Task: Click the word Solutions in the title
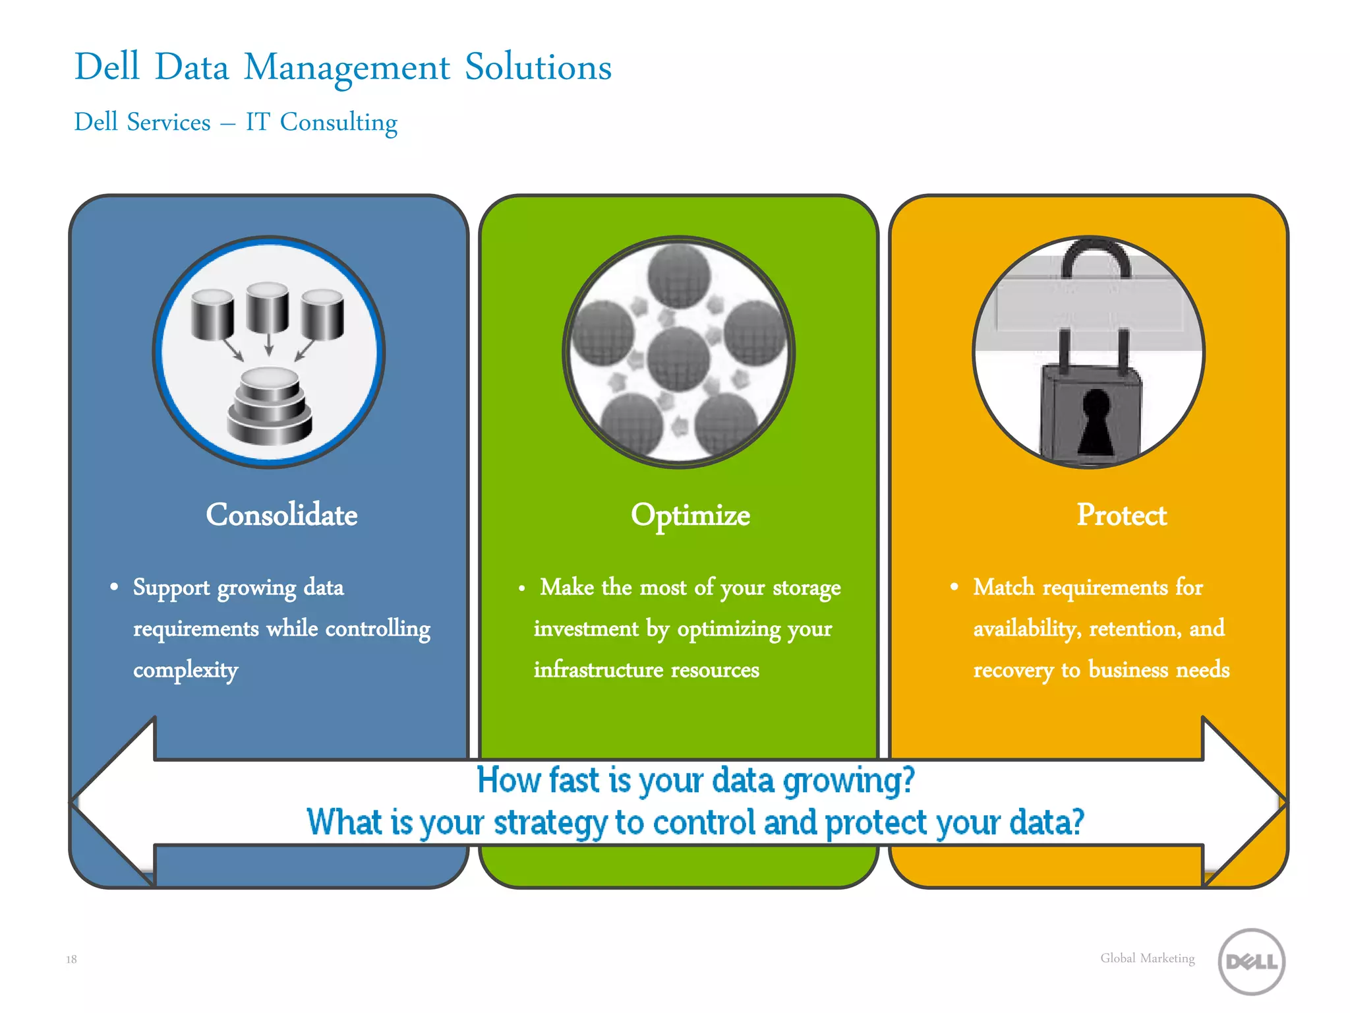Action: pos(538,67)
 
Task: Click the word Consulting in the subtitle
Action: pos(338,123)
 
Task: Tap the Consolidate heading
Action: pos(281,515)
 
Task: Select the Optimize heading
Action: pos(690,515)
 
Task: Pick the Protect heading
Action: pos(1121,515)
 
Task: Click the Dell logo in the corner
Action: pos(1251,962)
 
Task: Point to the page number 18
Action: pos(71,960)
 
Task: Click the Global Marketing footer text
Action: pos(1147,958)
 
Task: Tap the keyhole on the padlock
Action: pos(1096,422)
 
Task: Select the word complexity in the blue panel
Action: pos(185,670)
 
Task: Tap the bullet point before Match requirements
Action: pos(954,586)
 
